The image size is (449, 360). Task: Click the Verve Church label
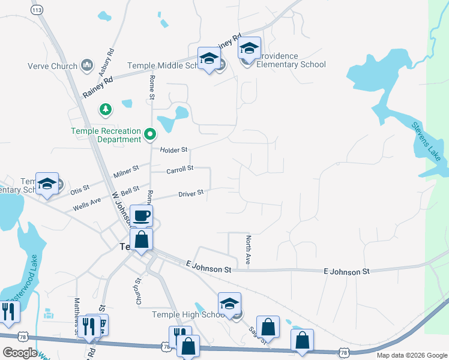(52, 65)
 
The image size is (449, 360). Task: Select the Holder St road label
(174, 149)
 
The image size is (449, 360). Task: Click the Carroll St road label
(179, 169)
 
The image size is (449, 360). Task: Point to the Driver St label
(191, 193)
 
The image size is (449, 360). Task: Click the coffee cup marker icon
(142, 215)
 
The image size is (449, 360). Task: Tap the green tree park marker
(106, 109)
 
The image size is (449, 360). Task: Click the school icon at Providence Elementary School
(249, 48)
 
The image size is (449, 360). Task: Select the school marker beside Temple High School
(229, 304)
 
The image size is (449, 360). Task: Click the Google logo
(20, 352)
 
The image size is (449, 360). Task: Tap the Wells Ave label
(87, 201)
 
